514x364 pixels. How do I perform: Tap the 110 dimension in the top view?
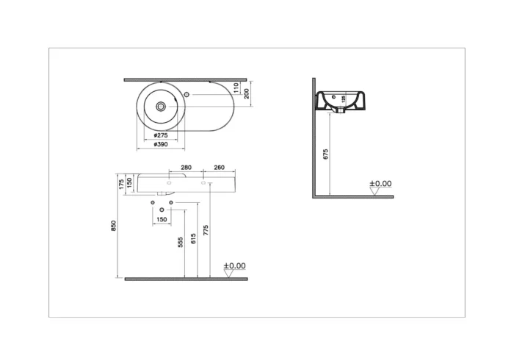click(236, 87)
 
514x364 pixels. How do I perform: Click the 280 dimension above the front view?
click(187, 168)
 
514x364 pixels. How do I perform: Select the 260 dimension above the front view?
click(219, 168)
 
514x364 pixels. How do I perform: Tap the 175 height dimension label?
click(120, 182)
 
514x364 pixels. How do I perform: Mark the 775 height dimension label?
click(206, 230)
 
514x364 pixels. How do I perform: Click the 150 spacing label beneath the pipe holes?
click(162, 220)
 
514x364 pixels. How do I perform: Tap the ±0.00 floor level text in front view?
click(234, 265)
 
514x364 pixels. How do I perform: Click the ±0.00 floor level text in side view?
click(380, 184)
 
